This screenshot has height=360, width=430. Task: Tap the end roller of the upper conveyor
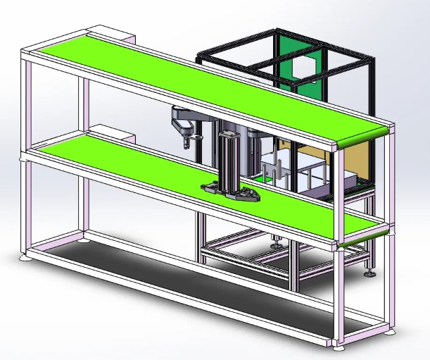tap(362, 138)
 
